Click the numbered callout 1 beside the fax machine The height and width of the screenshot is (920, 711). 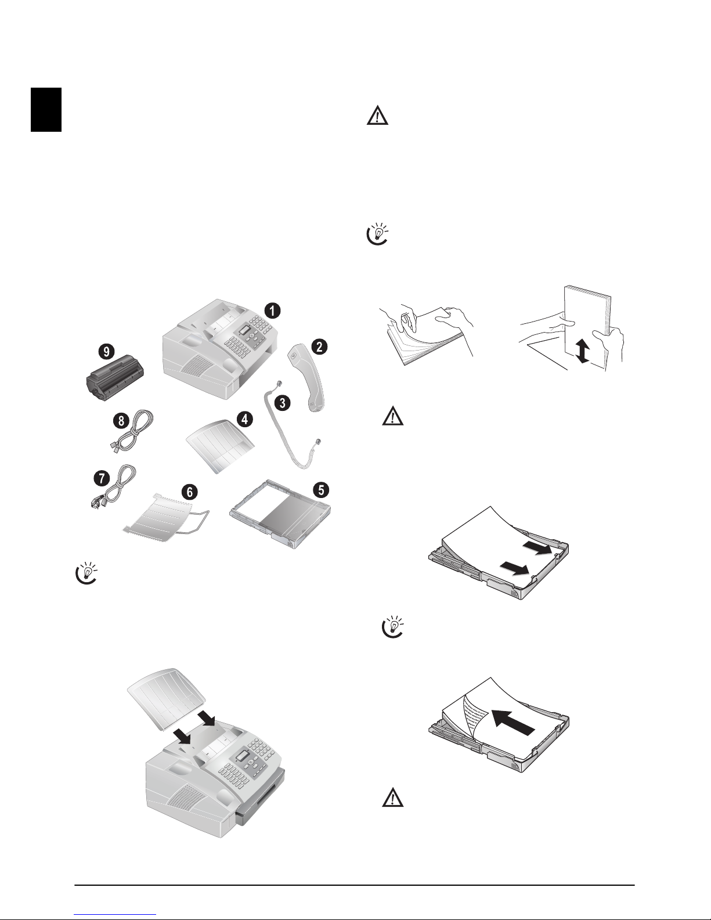point(272,311)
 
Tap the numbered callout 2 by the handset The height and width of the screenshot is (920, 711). point(319,347)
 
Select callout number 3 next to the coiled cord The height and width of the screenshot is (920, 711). point(282,403)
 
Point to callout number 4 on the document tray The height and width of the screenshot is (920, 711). point(244,419)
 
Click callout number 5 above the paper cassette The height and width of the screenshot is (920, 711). point(321,490)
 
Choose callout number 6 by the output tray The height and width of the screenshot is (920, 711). point(190,492)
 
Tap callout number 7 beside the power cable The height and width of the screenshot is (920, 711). point(102,478)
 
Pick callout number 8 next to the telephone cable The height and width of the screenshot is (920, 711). point(121,421)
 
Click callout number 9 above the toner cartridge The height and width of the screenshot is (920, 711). point(106,351)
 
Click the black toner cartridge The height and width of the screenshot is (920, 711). point(116,378)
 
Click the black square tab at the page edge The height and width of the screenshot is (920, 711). point(46,110)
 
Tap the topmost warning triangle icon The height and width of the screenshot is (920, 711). point(377,116)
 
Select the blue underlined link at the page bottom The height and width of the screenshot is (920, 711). point(116,914)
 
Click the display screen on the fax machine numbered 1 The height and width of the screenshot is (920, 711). point(244,331)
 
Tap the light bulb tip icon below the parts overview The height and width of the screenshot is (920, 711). point(86,573)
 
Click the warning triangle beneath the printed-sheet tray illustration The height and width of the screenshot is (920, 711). point(393,797)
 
